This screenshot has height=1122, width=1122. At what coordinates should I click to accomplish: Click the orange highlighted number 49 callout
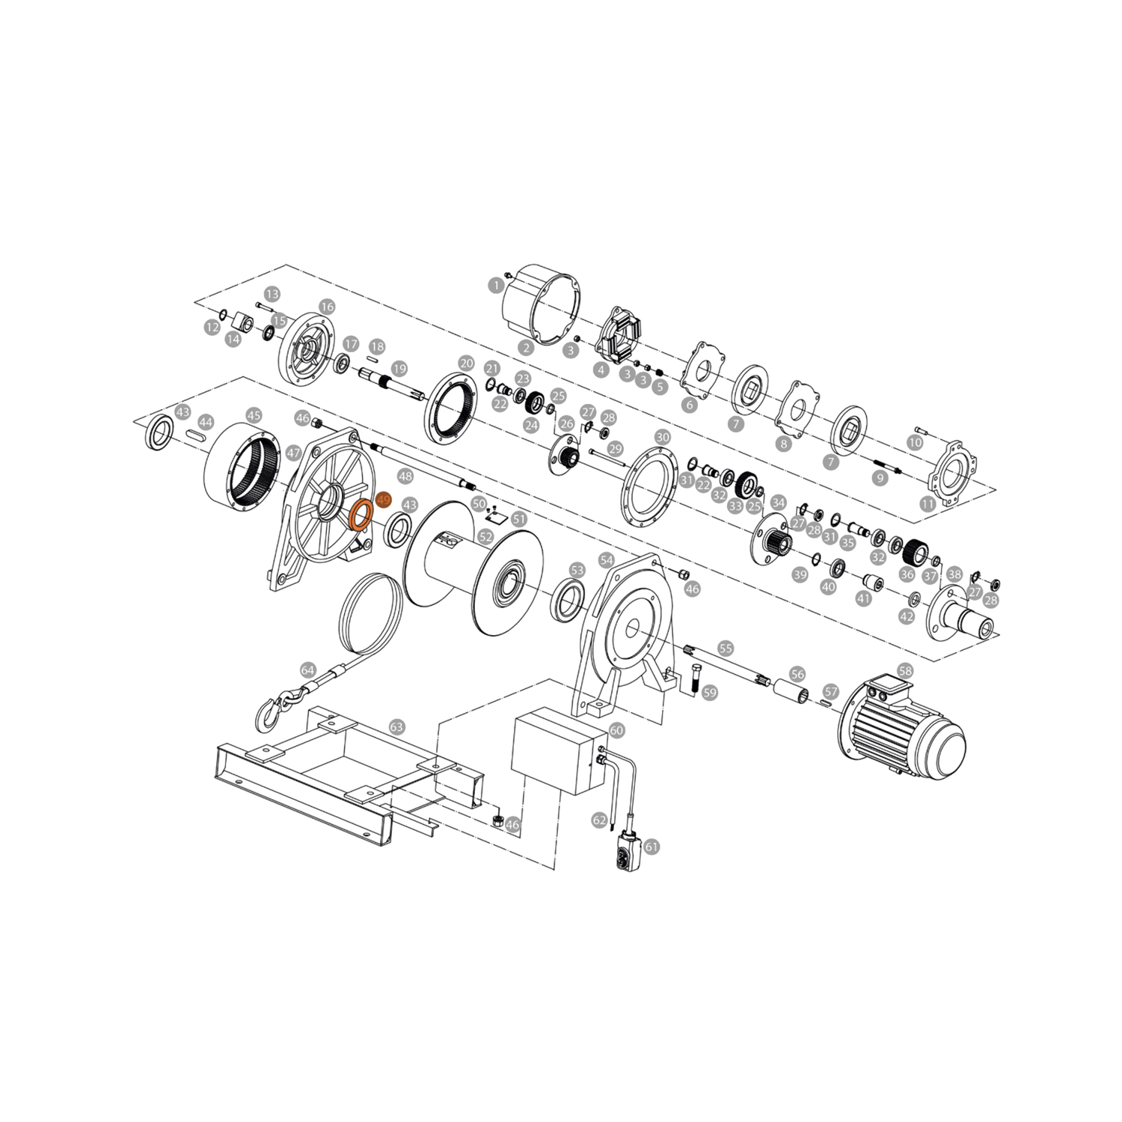pyautogui.click(x=384, y=499)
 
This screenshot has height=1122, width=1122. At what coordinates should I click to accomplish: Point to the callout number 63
pyautogui.click(x=396, y=726)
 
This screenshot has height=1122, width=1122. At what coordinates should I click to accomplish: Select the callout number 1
pyautogui.click(x=494, y=285)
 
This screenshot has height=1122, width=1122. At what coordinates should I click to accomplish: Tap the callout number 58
pyautogui.click(x=905, y=671)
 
